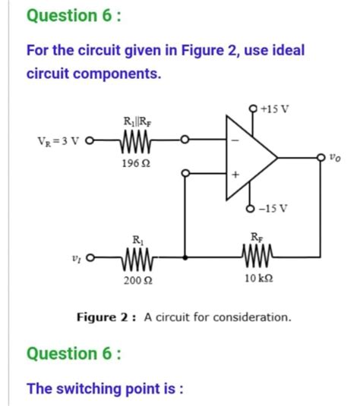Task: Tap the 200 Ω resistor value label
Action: pos(135,282)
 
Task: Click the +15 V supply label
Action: pos(274,108)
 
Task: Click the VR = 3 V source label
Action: pos(62,140)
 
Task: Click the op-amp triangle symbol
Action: pos(251,158)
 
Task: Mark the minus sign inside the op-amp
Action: pos(235,141)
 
